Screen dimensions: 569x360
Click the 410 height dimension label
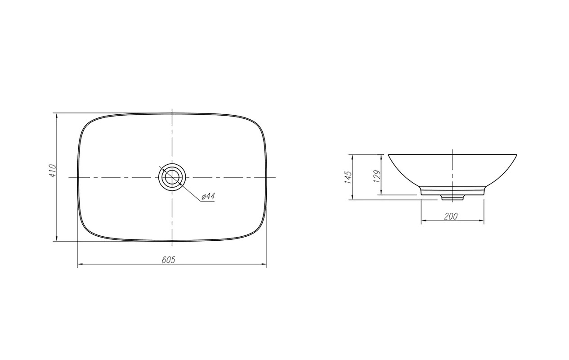pyautogui.click(x=53, y=171)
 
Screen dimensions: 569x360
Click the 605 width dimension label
pyautogui.click(x=169, y=260)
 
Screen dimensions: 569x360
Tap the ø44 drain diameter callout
pyautogui.click(x=208, y=196)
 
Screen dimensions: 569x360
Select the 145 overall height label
pyautogui.click(x=348, y=177)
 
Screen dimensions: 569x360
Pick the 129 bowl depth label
pyautogui.click(x=377, y=176)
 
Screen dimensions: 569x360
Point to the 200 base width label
pyautogui.click(x=451, y=216)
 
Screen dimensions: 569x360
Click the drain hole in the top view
pyautogui.click(x=172, y=177)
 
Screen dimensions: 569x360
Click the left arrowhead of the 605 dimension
pyautogui.click(x=81, y=264)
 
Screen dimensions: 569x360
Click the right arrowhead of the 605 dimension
pyautogui.click(x=264, y=264)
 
